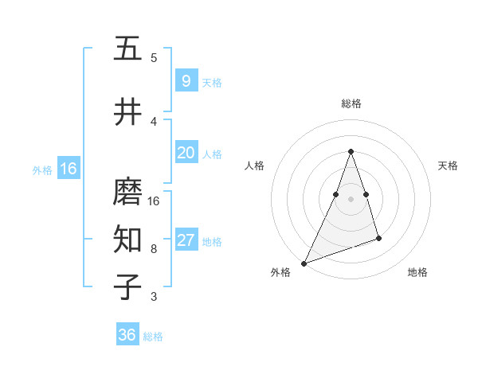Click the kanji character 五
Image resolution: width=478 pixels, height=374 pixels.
(127, 49)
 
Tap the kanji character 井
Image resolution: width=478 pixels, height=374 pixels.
(127, 112)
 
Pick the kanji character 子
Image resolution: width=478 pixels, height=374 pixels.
(127, 287)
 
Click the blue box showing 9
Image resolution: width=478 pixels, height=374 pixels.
(186, 81)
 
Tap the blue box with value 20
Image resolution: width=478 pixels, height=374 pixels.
(186, 153)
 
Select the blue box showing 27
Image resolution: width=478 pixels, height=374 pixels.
(186, 240)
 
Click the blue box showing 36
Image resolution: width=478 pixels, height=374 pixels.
(127, 335)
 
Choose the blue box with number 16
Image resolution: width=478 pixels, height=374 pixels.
(68, 169)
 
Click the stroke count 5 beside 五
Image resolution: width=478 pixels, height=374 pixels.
(154, 57)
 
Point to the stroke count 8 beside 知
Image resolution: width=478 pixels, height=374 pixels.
(154, 248)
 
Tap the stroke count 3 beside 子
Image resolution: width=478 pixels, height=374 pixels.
(154, 297)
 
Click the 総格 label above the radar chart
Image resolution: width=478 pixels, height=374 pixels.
(351, 103)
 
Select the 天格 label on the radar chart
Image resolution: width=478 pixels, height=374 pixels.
(448, 166)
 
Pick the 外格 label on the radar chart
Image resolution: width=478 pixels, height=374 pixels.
(280, 272)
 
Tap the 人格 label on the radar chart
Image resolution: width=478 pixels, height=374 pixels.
(254, 166)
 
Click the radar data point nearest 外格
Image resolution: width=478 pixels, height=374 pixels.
(304, 263)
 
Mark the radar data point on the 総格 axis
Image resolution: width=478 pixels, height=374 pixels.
(351, 151)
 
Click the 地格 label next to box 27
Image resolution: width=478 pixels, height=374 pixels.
(213, 241)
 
